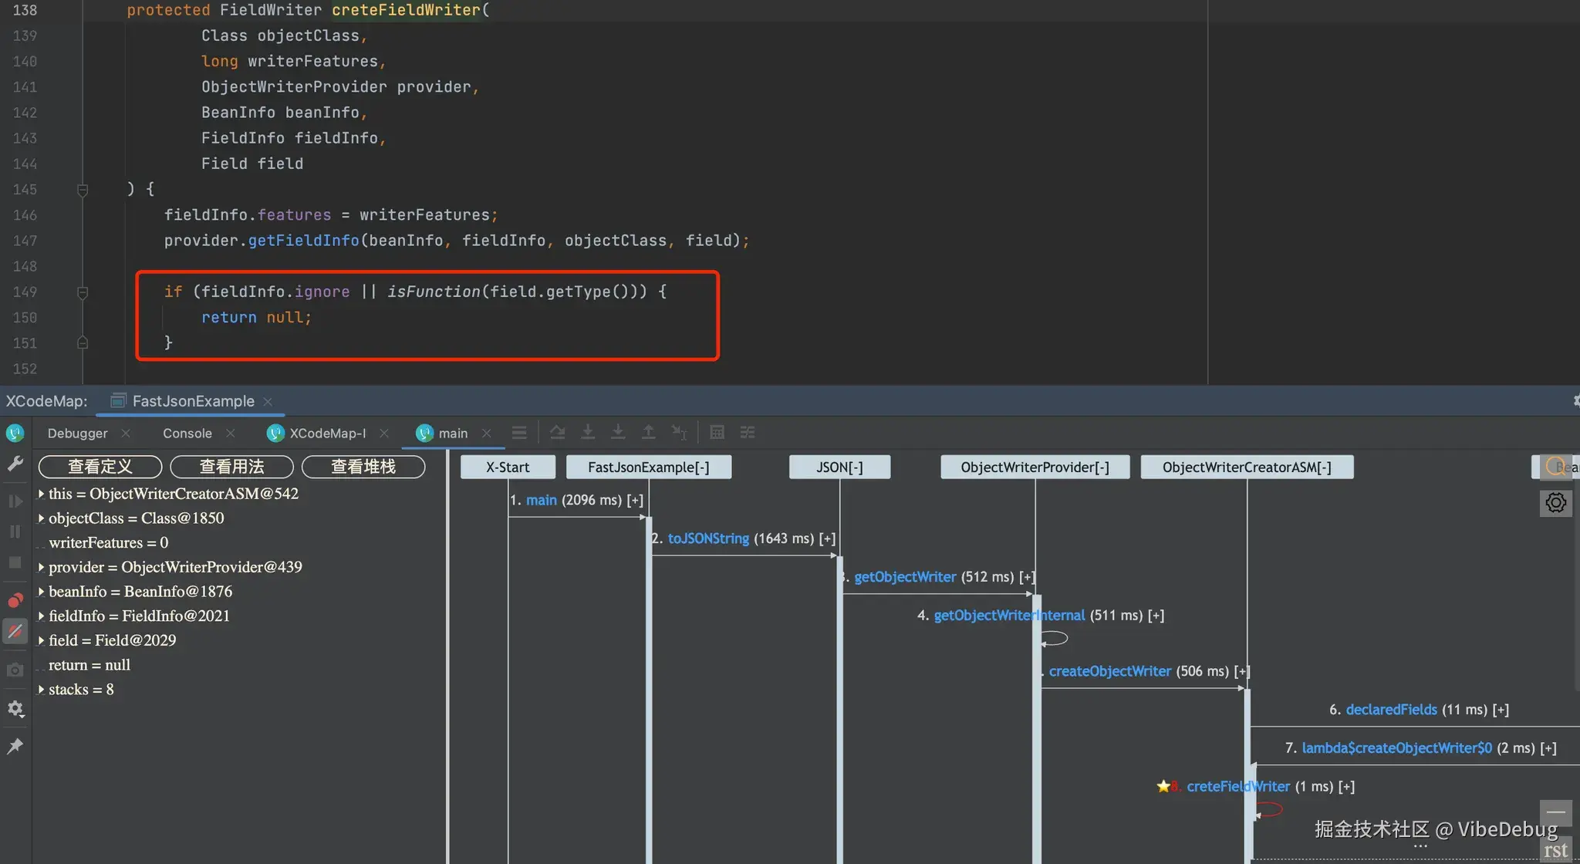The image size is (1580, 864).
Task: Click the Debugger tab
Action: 77,434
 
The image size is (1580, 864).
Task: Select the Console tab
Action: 187,434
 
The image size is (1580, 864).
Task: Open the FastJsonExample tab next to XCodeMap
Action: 193,401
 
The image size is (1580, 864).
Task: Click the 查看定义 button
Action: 100,467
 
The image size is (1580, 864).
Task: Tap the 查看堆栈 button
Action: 363,467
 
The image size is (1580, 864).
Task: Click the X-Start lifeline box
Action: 508,467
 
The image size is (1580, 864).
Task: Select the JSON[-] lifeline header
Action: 839,467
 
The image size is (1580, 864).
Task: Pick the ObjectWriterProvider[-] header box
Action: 1035,467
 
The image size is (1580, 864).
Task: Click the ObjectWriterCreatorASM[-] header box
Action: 1247,467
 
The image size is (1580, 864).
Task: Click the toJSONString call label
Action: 708,538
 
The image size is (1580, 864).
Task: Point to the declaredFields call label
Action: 1391,710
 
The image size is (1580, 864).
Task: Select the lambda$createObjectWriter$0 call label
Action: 1396,748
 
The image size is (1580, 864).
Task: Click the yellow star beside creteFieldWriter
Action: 1163,786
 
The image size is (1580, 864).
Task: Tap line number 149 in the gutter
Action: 25,292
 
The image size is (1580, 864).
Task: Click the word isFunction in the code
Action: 434,292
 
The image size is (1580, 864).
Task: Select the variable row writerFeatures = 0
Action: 108,542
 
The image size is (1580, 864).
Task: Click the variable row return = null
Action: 89,665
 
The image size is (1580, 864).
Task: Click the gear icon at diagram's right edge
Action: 1555,503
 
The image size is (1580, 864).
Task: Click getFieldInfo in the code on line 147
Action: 303,241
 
